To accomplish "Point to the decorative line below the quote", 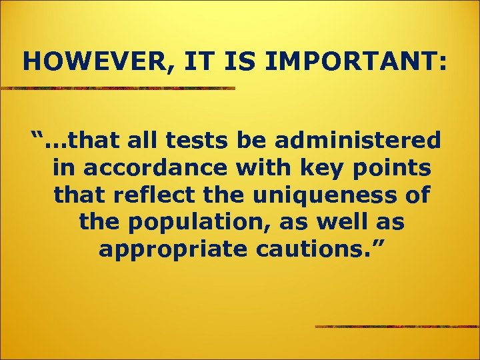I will click(397, 326).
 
